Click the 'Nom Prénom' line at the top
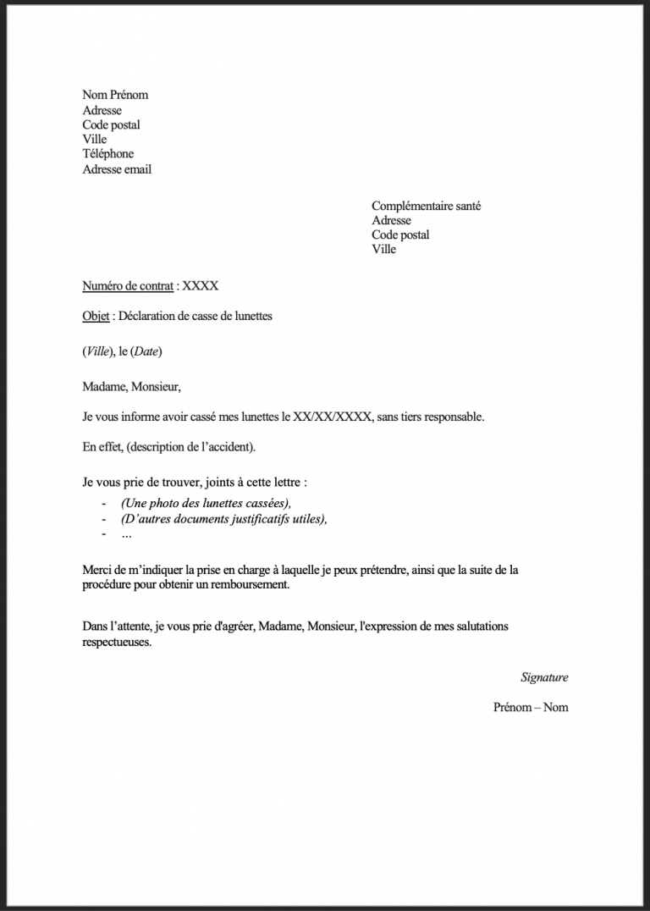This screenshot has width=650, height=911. (115, 95)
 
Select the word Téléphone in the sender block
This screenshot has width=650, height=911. (108, 154)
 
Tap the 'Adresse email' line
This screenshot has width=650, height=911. (117, 169)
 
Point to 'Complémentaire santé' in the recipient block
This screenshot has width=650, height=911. (426, 206)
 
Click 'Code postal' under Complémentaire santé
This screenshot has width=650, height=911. (400, 235)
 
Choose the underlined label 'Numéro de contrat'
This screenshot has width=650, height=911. (128, 286)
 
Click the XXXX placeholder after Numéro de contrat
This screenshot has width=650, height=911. (201, 286)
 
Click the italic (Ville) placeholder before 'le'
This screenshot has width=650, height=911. (98, 351)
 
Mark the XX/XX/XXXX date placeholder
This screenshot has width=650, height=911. (332, 417)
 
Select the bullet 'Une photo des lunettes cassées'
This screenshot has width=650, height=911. (206, 504)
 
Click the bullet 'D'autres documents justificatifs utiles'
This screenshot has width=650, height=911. (224, 519)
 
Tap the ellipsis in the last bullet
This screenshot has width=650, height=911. (127, 534)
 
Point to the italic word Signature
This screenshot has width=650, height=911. (544, 677)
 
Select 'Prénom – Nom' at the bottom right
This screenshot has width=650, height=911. (531, 707)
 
